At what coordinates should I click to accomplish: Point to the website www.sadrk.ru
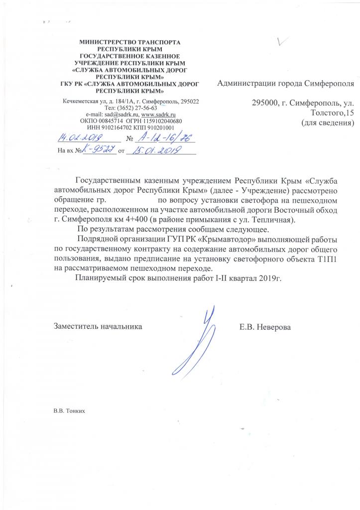[158, 114]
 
